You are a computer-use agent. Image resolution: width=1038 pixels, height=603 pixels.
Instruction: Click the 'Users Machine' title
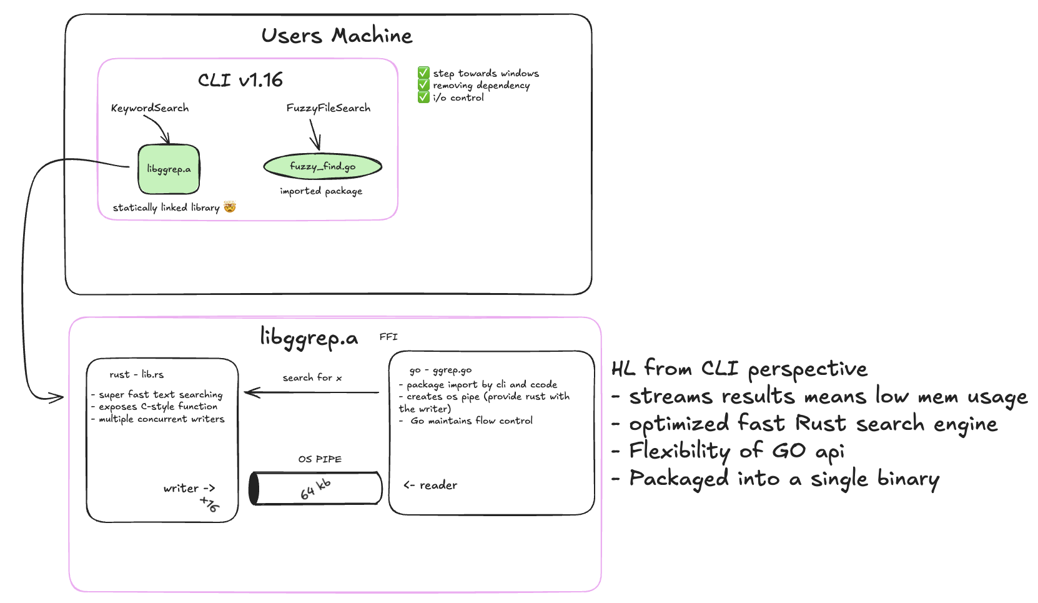pyautogui.click(x=337, y=36)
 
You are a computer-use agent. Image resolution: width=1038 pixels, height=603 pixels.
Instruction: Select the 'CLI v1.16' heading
pyautogui.click(x=240, y=80)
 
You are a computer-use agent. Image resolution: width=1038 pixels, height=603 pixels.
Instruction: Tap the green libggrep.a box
pyautogui.click(x=169, y=169)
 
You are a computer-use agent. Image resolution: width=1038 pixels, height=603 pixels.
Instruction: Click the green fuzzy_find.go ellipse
pyautogui.click(x=322, y=166)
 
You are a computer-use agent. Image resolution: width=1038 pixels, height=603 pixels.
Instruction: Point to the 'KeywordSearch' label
pyautogui.click(x=150, y=108)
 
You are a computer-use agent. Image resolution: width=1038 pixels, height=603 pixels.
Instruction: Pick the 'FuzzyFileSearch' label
pyautogui.click(x=329, y=108)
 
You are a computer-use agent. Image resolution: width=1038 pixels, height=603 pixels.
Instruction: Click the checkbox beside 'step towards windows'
pyautogui.click(x=423, y=72)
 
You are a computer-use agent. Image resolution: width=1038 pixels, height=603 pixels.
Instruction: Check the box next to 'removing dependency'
pyautogui.click(x=423, y=84)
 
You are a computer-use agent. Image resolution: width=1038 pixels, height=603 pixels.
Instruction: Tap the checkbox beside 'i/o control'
pyautogui.click(x=423, y=97)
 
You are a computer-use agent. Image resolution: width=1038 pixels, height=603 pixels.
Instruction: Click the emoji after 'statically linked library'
pyautogui.click(x=230, y=207)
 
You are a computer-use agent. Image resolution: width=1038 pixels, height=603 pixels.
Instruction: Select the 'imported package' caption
pyautogui.click(x=321, y=191)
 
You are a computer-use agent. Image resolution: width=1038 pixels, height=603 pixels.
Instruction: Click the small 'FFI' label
pyautogui.click(x=388, y=337)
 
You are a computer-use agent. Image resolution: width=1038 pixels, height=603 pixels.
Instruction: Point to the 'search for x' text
pyautogui.click(x=312, y=377)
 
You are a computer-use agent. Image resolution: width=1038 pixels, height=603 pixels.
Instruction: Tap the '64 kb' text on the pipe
pyautogui.click(x=315, y=489)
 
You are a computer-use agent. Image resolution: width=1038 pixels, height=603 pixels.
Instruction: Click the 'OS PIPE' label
pyautogui.click(x=320, y=459)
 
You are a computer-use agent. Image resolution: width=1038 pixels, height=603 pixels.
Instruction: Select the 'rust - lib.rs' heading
pyautogui.click(x=136, y=374)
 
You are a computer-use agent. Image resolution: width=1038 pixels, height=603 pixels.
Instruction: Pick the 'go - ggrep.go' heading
pyautogui.click(x=440, y=371)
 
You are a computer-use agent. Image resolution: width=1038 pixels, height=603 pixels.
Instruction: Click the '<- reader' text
pyautogui.click(x=430, y=485)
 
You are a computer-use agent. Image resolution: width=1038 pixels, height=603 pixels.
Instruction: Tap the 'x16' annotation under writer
pyautogui.click(x=210, y=504)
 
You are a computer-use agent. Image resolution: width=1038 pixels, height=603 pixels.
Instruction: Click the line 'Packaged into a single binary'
pyautogui.click(x=784, y=479)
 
